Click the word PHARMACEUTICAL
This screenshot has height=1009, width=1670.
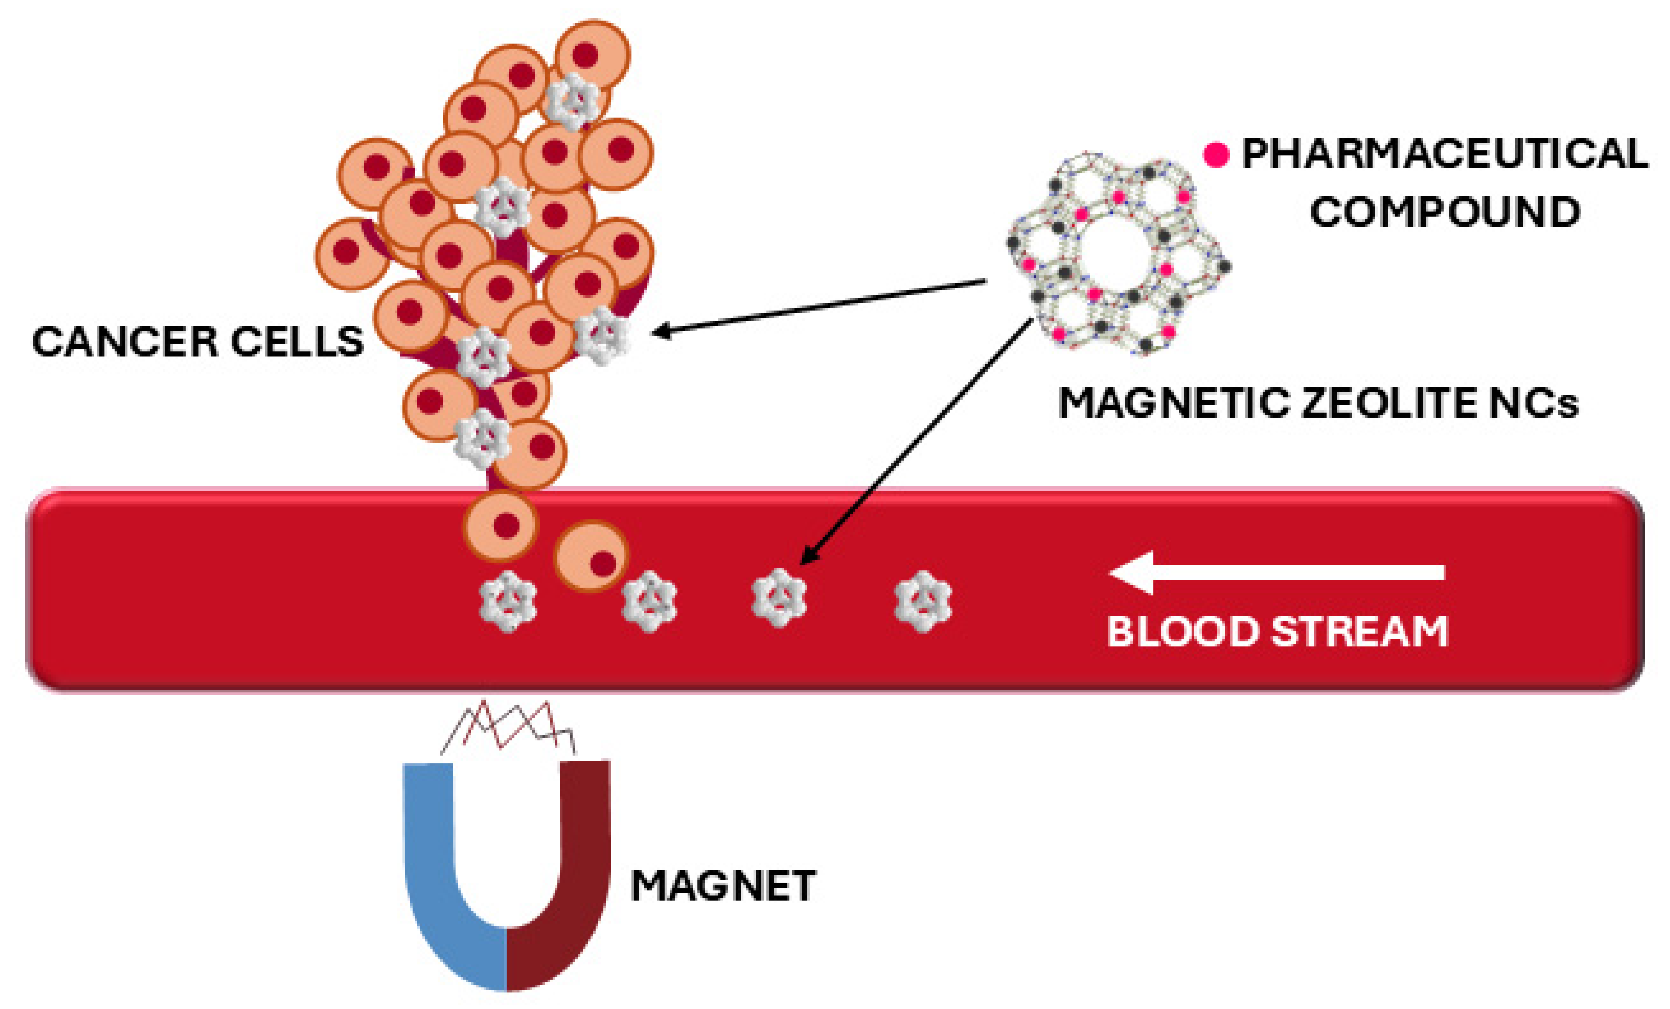(1444, 154)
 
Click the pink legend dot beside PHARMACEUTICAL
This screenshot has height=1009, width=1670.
(1216, 155)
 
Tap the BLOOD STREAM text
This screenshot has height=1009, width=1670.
(1277, 631)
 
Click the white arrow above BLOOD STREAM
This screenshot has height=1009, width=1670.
(1274, 573)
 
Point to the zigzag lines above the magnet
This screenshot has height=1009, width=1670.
(508, 728)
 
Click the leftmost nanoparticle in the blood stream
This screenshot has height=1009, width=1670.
(508, 601)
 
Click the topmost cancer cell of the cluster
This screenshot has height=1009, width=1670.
(592, 54)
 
